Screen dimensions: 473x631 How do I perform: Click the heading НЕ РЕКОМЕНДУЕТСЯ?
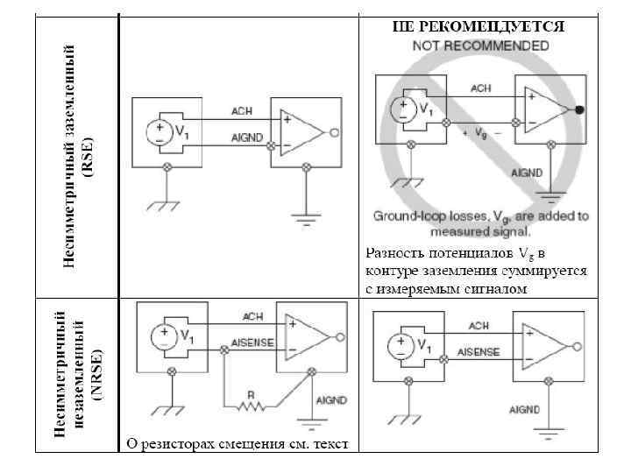(x=478, y=26)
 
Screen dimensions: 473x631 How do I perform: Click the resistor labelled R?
(x=251, y=405)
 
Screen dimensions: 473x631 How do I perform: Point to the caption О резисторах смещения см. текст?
(x=238, y=444)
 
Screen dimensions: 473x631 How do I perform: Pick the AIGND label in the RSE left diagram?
(x=245, y=138)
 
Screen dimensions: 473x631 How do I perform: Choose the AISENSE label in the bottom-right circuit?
(x=477, y=352)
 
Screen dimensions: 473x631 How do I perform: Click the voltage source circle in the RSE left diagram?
(x=160, y=131)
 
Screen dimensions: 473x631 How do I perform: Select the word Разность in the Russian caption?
(x=393, y=254)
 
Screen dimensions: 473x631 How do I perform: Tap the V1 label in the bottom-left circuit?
(x=187, y=335)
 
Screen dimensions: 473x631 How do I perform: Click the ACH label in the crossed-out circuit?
(x=481, y=88)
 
